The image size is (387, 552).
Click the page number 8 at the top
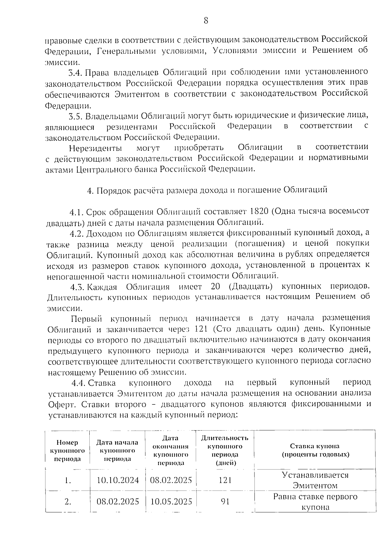[206, 21]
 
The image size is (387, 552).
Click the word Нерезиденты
[95, 148]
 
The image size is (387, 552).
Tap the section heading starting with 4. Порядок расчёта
[207, 190]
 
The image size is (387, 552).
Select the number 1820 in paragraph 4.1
[260, 211]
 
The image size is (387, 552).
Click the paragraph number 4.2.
[77, 233]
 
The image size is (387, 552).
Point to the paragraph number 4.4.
[78, 383]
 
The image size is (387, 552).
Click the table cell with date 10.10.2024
[118, 480]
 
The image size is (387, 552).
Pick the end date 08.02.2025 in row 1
[171, 480]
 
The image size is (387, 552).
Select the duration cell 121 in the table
[225, 480]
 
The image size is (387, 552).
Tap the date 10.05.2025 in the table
[171, 502]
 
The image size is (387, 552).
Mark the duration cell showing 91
[225, 502]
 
